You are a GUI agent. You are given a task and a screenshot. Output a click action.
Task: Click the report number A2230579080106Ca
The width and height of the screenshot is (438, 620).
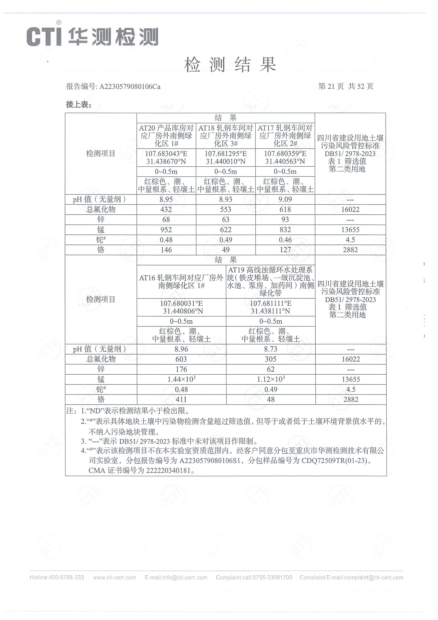point(130,86)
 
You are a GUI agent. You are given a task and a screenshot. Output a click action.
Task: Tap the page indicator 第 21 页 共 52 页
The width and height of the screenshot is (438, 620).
point(346,86)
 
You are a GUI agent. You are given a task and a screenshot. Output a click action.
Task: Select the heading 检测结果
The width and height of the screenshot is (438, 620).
point(230,65)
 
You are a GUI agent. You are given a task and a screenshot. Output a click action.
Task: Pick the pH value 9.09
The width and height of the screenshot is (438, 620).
point(285,199)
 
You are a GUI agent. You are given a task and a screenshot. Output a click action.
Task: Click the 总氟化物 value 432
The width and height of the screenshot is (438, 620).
point(166,210)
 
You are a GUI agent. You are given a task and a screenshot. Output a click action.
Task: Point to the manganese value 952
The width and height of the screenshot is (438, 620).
point(166,230)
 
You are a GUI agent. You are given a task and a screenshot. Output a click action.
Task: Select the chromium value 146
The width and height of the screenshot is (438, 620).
point(166,250)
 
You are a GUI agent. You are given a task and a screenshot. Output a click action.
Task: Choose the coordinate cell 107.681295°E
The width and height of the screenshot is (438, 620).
point(226,154)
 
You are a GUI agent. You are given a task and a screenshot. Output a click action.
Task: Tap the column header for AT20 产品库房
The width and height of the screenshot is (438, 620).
point(166,135)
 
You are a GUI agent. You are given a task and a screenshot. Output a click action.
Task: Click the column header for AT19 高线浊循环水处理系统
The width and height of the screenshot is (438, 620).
point(270,281)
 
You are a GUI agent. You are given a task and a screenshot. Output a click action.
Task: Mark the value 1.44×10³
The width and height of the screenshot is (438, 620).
point(181,379)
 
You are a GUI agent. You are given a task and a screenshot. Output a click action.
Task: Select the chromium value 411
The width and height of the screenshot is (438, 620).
point(181,399)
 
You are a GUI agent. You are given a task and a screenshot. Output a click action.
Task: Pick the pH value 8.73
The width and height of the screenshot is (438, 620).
point(271,349)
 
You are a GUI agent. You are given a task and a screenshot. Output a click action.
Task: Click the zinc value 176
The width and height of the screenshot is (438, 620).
point(181,369)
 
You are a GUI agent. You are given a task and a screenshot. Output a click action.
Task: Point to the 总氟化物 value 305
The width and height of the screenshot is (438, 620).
point(271,359)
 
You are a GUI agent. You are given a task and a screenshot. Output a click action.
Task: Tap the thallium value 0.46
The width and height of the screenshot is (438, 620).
point(285,240)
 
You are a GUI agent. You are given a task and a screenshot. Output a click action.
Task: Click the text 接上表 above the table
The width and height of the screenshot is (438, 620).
point(79,104)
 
